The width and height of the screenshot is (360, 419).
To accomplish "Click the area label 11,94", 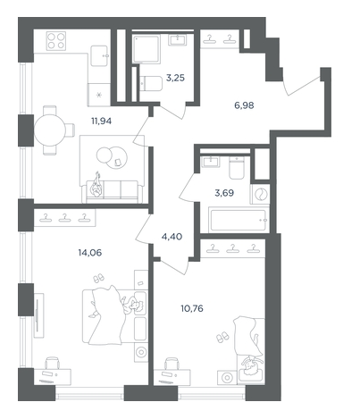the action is click(x=101, y=121).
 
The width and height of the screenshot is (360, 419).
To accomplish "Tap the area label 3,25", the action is click(x=175, y=79).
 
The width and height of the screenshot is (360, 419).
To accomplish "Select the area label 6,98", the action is click(x=244, y=105).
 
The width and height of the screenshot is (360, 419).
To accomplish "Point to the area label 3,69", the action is click(x=224, y=193).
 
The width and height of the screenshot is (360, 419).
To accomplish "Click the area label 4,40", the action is click(x=172, y=237).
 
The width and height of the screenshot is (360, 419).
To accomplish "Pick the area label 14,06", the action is click(x=90, y=253).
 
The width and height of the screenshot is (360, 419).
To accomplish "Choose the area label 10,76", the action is click(x=192, y=308).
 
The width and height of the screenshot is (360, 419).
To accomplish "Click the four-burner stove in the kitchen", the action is click(x=56, y=40).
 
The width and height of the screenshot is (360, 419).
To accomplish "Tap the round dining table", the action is click(x=49, y=130).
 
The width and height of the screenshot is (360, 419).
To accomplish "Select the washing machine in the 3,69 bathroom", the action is click(x=260, y=194).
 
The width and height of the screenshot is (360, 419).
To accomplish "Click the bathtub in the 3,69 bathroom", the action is click(x=238, y=221).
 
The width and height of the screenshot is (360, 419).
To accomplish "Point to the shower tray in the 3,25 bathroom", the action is click(x=147, y=48).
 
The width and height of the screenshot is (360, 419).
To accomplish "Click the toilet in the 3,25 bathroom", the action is click(x=151, y=84).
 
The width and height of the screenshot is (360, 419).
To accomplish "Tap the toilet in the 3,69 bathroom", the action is click(x=237, y=168).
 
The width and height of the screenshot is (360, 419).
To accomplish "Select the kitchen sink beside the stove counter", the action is click(x=99, y=55).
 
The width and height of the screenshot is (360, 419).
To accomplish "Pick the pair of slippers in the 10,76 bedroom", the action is click(x=223, y=338).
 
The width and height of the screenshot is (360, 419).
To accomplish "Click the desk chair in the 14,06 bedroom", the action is click(x=53, y=364).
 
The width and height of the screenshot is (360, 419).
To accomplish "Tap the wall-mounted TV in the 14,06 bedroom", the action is click(x=38, y=315).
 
